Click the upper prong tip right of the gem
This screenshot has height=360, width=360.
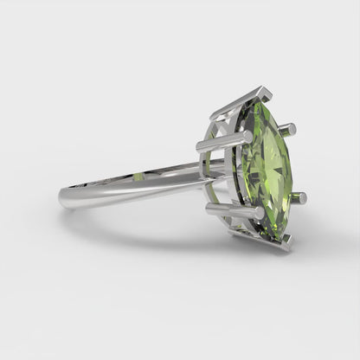(289, 129)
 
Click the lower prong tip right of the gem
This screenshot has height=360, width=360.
(299, 198)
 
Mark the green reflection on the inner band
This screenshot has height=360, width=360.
(139, 176)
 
